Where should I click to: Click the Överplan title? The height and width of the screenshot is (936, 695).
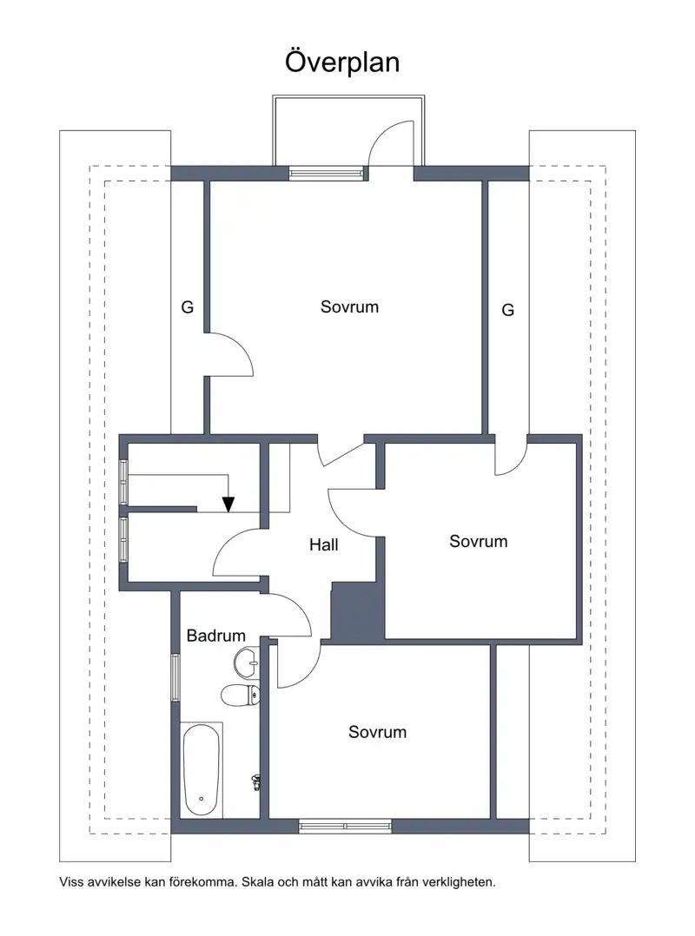click(342, 63)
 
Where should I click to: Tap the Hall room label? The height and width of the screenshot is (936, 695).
click(324, 544)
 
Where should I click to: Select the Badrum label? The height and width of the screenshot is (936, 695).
click(215, 636)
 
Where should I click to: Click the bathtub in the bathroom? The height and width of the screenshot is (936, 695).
click(202, 770)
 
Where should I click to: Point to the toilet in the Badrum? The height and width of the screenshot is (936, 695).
click(241, 695)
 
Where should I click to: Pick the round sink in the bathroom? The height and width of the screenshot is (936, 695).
click(247, 662)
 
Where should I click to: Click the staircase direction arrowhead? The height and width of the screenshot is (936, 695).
click(228, 504)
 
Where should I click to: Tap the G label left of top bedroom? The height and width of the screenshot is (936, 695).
click(188, 307)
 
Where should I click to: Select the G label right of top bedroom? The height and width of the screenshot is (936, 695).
click(507, 310)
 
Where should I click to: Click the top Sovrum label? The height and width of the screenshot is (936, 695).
click(349, 307)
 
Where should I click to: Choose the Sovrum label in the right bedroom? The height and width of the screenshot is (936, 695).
click(479, 542)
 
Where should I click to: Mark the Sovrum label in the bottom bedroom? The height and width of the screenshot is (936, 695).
click(377, 732)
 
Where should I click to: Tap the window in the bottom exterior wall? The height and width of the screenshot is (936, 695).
click(345, 827)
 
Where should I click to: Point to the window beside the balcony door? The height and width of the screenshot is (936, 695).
click(326, 173)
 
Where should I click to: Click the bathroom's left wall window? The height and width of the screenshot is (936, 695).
click(175, 677)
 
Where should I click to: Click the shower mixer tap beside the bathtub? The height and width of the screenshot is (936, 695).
click(257, 782)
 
